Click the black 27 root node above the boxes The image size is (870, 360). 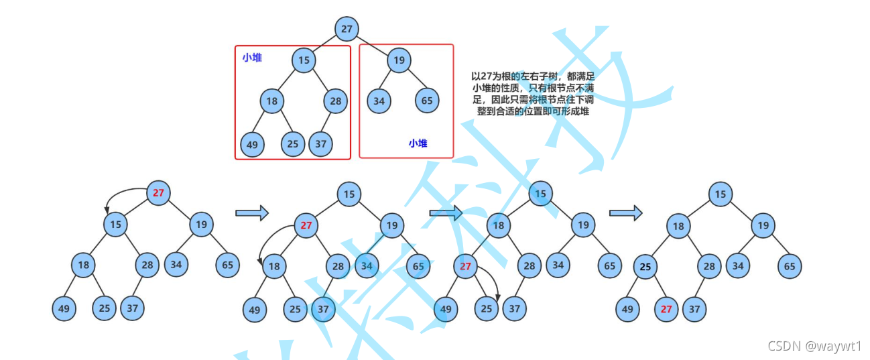347,29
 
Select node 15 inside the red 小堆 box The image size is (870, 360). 304,60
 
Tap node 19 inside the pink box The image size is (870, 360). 399,60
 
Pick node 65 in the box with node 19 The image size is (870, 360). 427,101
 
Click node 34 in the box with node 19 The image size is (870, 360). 379,101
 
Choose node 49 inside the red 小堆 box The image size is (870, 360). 252,144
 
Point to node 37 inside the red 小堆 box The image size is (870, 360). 320,143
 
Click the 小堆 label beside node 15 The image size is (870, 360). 252,58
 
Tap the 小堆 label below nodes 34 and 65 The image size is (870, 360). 418,143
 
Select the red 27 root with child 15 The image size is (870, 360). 158,193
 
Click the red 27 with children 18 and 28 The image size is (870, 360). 306,225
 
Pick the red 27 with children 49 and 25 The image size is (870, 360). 466,266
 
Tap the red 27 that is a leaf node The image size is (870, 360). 666,309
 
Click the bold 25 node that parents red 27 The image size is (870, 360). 645,267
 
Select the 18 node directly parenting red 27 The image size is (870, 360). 498,225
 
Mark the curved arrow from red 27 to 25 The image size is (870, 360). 495,282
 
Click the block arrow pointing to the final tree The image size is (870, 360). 625,213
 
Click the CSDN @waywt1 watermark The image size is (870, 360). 814,345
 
